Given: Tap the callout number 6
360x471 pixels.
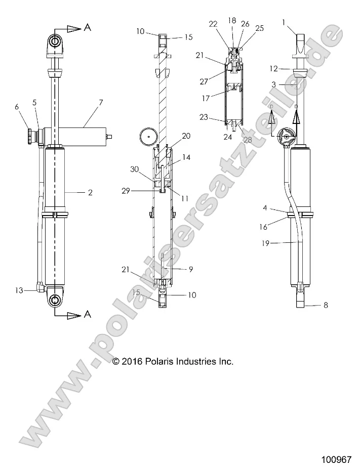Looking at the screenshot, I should [x=17, y=107].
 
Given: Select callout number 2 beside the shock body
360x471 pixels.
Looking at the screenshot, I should [x=90, y=192].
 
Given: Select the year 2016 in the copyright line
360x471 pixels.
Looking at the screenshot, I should [x=133, y=362].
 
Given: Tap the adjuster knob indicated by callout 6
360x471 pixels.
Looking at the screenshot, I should [x=32, y=137].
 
